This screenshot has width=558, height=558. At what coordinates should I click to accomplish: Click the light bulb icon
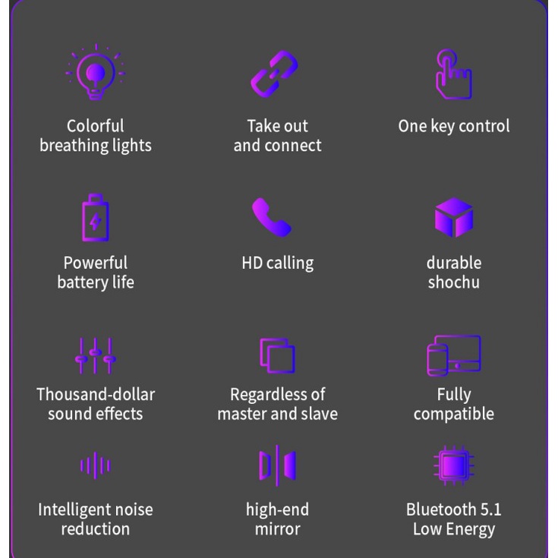(x=96, y=74)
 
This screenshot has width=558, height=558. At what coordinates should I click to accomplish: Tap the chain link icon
(x=275, y=74)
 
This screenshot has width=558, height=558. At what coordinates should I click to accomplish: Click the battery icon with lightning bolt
(x=96, y=218)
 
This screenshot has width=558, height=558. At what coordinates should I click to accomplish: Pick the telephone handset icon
(x=271, y=218)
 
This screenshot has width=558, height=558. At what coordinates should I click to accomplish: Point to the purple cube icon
(x=454, y=218)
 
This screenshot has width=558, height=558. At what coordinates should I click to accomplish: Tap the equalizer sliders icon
(x=96, y=355)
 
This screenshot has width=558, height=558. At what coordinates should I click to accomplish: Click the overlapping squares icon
(x=277, y=355)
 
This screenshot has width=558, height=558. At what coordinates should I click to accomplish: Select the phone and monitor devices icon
(x=454, y=355)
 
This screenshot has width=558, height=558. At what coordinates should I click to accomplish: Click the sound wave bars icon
(x=96, y=465)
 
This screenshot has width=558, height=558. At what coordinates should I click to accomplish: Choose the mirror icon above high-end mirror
(x=277, y=465)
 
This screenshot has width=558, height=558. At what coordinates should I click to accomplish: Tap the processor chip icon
(x=454, y=465)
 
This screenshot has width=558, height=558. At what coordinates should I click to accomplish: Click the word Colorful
(x=96, y=126)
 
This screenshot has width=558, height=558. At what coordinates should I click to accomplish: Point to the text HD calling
(x=277, y=263)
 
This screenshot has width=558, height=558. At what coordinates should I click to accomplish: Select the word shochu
(x=454, y=282)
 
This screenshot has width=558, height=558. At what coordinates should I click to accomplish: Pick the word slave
(x=320, y=415)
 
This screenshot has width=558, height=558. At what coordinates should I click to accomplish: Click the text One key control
(x=454, y=126)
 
